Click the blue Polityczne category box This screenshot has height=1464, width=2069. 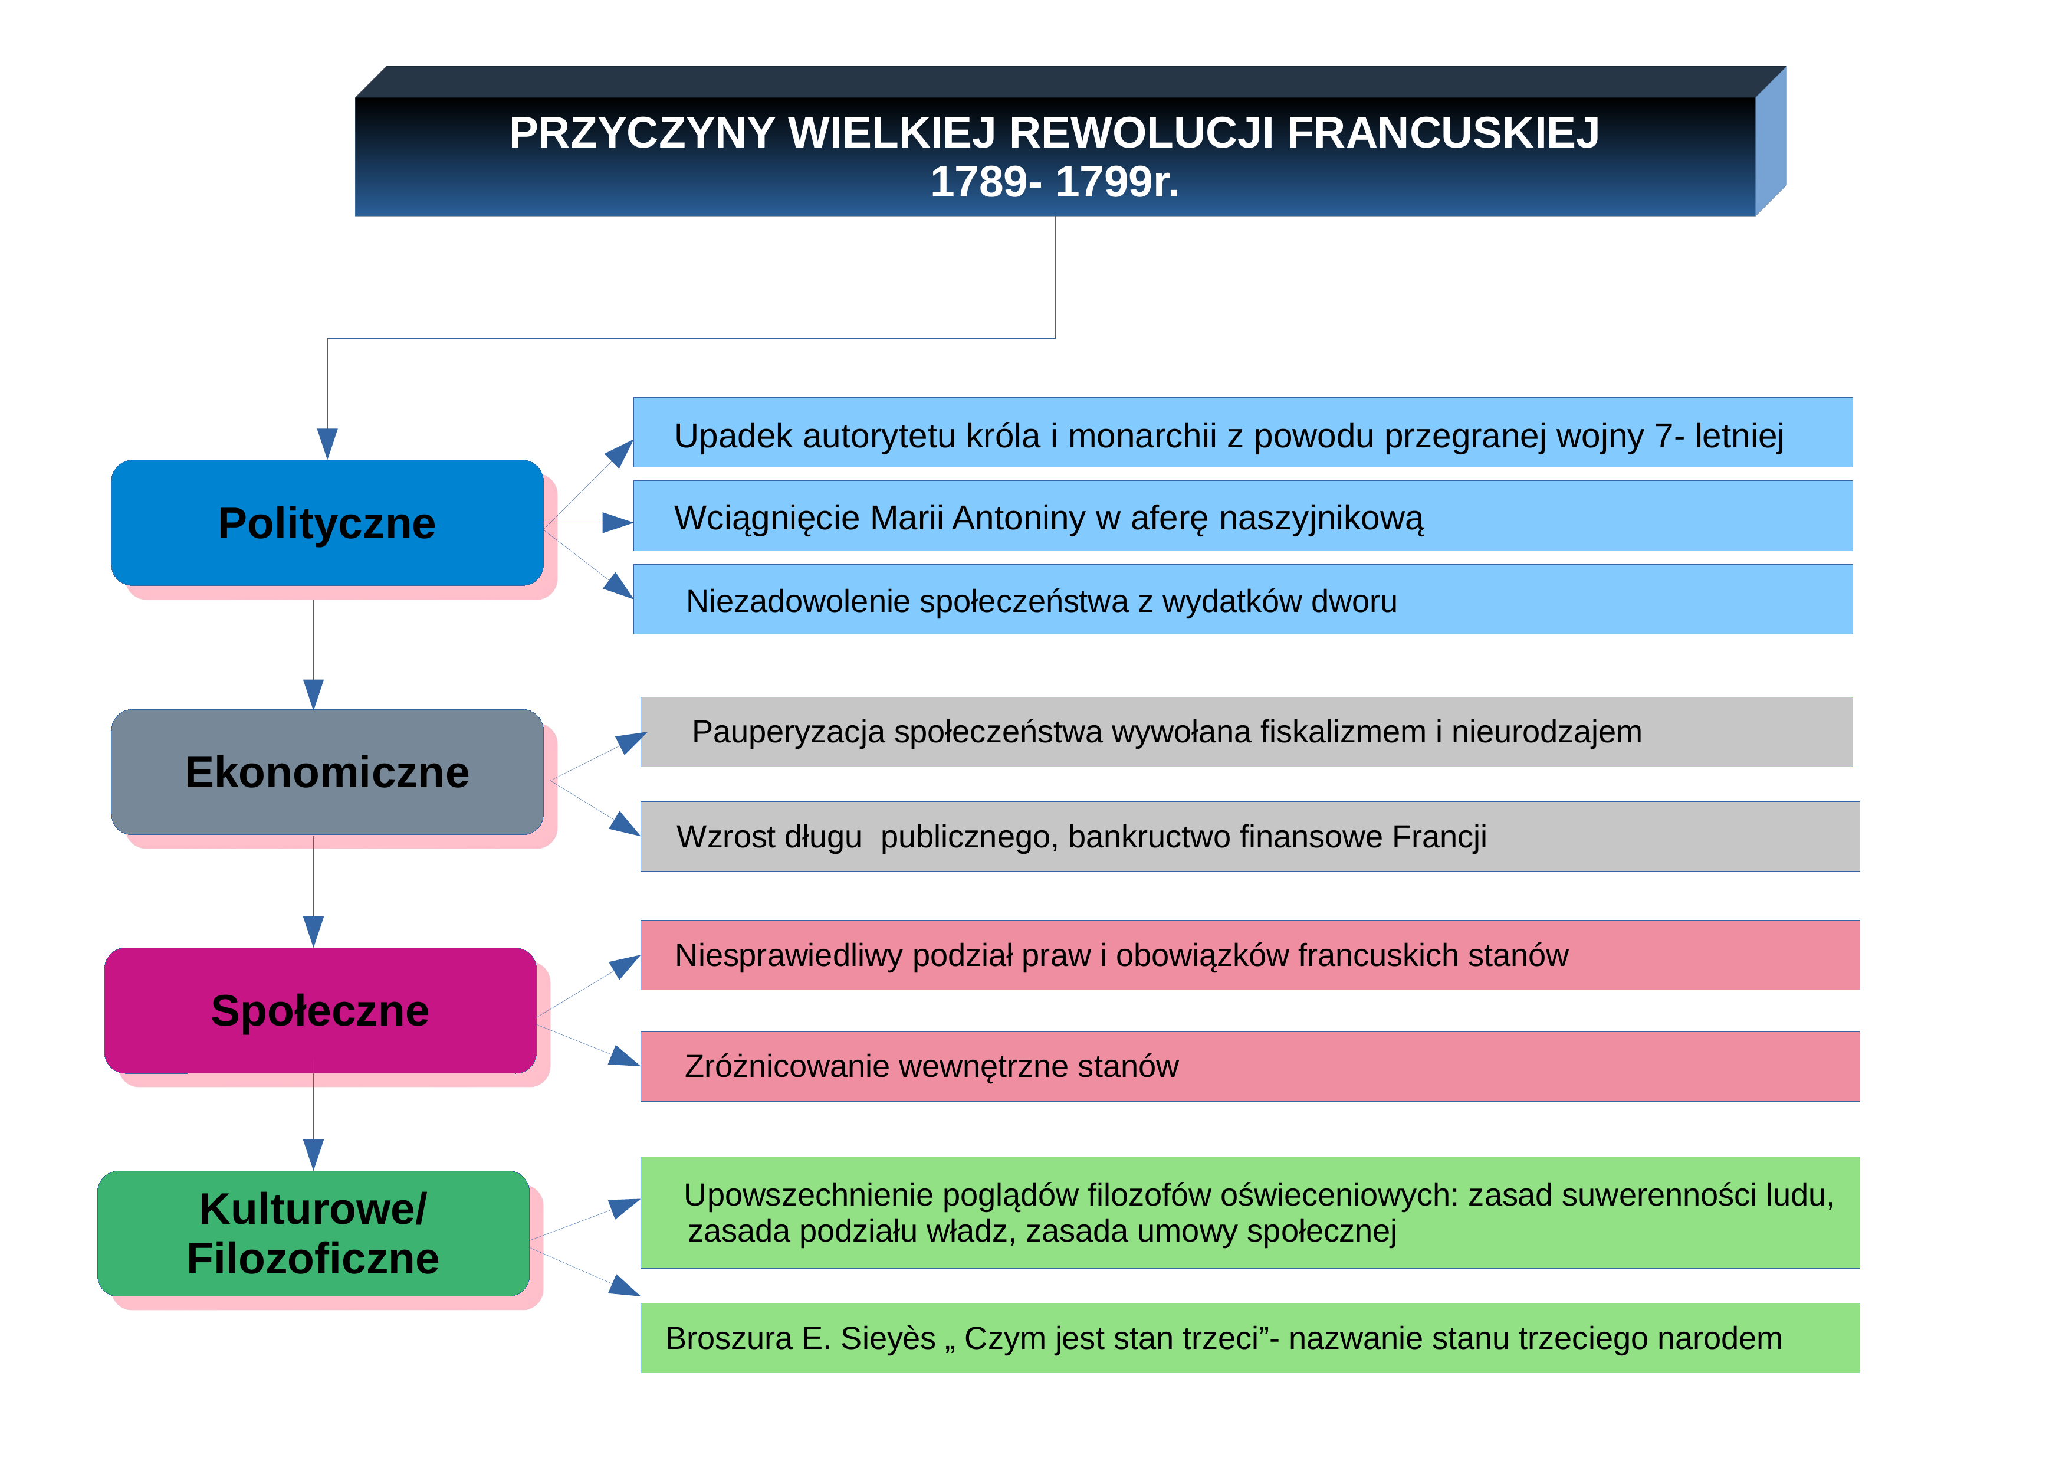point(327,523)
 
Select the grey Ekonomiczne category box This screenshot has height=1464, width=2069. point(327,772)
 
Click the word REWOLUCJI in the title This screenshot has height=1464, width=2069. point(1142,133)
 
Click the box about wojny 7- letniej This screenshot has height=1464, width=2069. point(1243,433)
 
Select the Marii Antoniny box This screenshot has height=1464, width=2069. point(1243,516)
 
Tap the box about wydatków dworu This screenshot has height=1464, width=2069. point(1243,600)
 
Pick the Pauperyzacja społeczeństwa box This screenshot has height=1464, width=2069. point(1246,732)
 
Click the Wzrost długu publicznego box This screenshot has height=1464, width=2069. point(1250,837)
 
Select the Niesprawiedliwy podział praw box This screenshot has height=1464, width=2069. point(1250,955)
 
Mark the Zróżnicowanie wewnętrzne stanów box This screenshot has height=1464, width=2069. point(1250,1066)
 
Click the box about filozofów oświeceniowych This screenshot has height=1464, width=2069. point(1250,1213)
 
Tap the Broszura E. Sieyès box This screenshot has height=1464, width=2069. point(1250,1338)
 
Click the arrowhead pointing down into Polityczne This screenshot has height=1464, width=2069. point(327,444)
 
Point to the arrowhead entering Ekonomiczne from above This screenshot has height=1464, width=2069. point(314,694)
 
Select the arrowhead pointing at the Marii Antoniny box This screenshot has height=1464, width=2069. point(618,523)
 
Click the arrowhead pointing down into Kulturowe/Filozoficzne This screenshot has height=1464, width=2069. point(314,1156)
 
